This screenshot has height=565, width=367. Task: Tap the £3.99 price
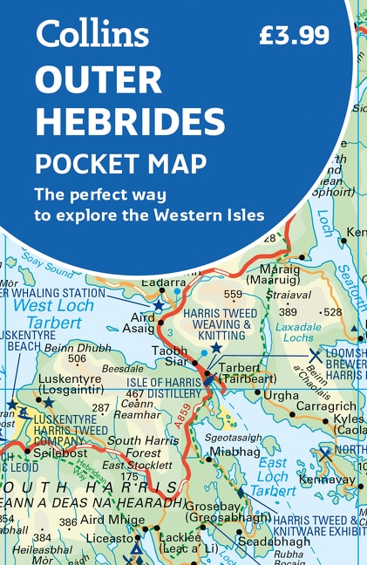294,35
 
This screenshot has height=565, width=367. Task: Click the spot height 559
233,294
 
